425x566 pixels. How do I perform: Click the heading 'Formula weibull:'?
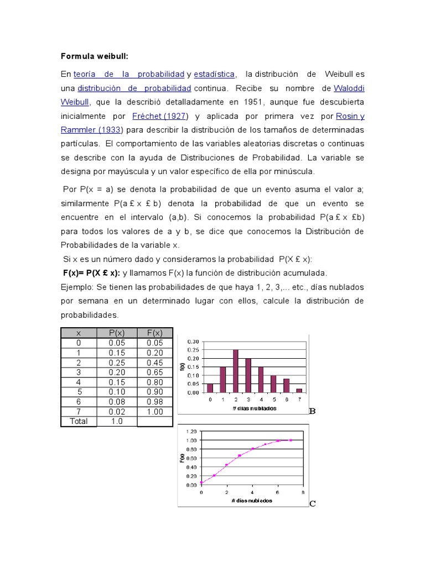click(x=94, y=56)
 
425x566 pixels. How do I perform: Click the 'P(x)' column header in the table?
click(x=117, y=333)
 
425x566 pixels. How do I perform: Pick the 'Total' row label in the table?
click(x=78, y=421)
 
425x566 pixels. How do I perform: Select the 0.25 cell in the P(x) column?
click(x=117, y=363)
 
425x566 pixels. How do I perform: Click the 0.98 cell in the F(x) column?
click(x=154, y=401)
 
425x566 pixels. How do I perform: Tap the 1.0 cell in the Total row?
click(x=117, y=421)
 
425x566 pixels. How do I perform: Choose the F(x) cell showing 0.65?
click(x=154, y=373)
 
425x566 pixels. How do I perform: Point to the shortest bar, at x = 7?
click(x=299, y=390)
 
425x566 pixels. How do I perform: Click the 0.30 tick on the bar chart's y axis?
click(x=193, y=341)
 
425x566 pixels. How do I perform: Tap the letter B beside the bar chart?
click(x=312, y=411)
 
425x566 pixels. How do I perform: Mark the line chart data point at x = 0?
click(x=201, y=483)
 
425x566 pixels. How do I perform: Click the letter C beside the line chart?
click(x=313, y=504)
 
